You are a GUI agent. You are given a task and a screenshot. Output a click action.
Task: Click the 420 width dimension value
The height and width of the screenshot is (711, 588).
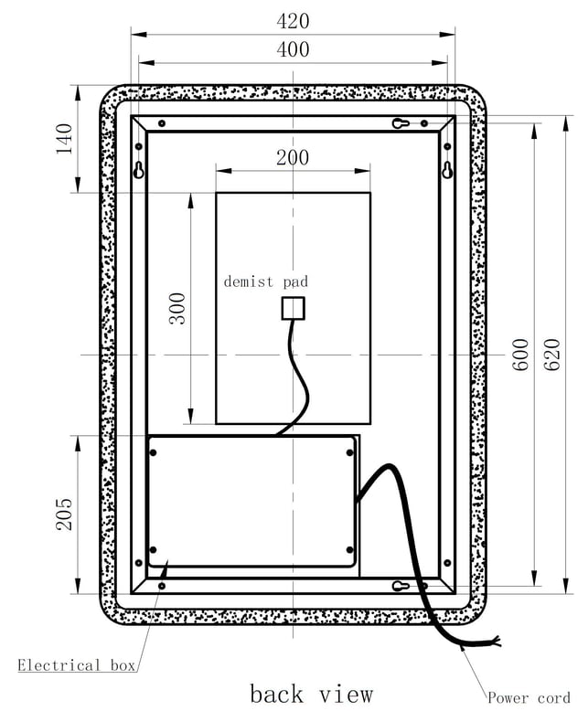click(x=293, y=21)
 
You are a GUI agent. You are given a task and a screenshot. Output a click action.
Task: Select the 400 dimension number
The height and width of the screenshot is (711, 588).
click(x=293, y=49)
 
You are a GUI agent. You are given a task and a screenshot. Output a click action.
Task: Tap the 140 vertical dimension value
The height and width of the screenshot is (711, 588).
click(x=64, y=139)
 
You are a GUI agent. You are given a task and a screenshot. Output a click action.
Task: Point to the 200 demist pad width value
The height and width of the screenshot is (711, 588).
click(x=293, y=158)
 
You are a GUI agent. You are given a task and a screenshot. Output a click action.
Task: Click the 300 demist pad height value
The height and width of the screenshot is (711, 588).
click(x=177, y=309)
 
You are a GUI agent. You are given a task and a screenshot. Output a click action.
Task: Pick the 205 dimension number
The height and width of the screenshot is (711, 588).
click(x=64, y=515)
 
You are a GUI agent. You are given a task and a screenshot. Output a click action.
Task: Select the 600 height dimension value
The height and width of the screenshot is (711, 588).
click(x=521, y=355)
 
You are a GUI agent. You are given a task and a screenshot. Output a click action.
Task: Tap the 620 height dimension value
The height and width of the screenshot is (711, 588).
click(x=552, y=355)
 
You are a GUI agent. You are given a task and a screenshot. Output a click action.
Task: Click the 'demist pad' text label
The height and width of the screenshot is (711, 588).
click(x=266, y=281)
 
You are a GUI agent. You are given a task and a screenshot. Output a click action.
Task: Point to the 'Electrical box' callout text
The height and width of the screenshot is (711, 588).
click(x=77, y=665)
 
